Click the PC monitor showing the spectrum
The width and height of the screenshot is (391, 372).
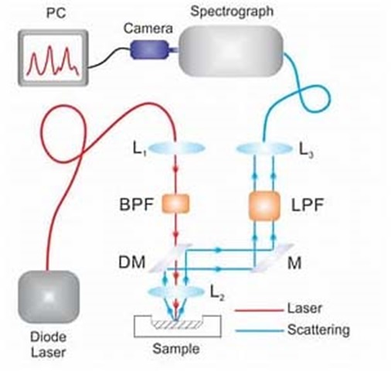coord(53,58)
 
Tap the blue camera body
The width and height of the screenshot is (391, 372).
coord(150,49)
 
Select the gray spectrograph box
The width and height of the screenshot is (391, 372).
coord(231,51)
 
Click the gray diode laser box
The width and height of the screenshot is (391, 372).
coord(48,296)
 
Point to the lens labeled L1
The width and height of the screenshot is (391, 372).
coord(176,148)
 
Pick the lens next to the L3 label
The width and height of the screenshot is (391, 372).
coord(264,148)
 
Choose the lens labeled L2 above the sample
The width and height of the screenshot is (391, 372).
coord(176,292)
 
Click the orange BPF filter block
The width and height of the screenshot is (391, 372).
coord(175,203)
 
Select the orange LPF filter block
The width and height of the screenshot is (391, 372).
coord(264,206)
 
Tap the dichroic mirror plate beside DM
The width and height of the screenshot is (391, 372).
coord(171,258)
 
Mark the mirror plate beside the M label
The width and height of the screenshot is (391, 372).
coord(273,258)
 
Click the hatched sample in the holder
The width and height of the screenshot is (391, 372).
coord(177,324)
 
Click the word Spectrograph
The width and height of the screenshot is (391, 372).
coord(232,12)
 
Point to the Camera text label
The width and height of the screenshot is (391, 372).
coord(148,29)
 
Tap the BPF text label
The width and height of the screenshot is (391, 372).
coord(137,204)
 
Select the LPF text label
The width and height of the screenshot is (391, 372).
coord(308,205)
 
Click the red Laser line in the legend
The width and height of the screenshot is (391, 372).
coord(259,310)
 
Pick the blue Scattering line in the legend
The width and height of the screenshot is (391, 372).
coord(259,330)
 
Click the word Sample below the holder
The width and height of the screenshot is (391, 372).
coord(176,349)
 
